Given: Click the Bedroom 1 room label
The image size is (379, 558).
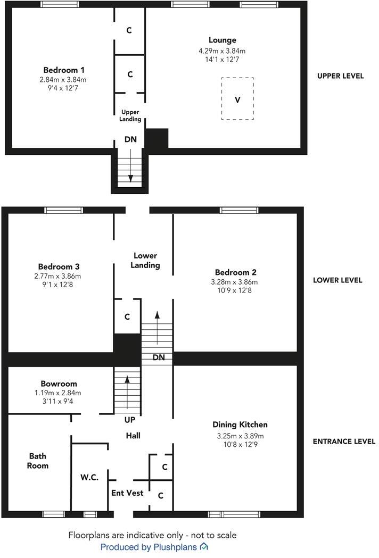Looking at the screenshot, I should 64,70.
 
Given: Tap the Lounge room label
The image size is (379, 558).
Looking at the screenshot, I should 222,40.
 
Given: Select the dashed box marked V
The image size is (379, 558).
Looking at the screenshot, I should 237,99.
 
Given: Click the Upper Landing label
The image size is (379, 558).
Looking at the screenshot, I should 130,115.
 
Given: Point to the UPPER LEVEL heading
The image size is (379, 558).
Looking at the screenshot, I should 340,76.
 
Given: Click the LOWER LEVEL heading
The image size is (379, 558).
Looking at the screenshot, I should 337,280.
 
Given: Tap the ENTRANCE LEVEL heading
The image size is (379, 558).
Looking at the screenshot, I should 343,442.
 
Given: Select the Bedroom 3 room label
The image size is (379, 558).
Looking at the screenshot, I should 59,266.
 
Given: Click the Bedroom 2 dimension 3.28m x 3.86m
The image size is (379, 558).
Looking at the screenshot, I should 236,282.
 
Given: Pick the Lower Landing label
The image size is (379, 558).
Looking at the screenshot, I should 145,261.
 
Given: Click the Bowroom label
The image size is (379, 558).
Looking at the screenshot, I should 59,384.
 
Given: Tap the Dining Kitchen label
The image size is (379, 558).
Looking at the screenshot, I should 240,425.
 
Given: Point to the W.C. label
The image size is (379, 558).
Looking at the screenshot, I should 89,477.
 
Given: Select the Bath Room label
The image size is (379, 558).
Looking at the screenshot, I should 38,461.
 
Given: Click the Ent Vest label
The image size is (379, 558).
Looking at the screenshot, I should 127,493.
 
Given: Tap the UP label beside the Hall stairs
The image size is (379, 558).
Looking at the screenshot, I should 129,420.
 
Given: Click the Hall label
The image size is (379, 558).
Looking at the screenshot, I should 133,436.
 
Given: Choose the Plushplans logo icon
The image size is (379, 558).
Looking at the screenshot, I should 204,547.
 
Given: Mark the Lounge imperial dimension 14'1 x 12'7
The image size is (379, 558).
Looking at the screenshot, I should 222,59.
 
